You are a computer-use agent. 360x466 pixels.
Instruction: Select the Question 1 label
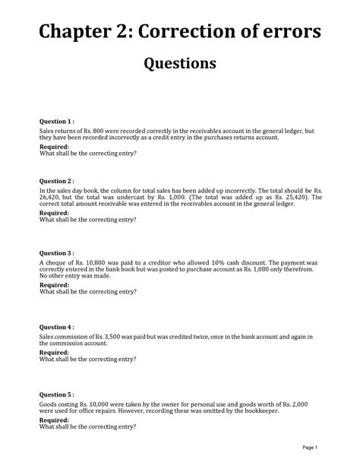(57, 121)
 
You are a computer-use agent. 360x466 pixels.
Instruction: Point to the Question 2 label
(57, 181)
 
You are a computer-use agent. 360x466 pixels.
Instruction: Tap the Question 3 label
(57, 253)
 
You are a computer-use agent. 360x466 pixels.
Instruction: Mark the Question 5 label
(57, 395)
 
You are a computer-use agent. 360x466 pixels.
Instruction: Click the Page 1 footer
(310, 447)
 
